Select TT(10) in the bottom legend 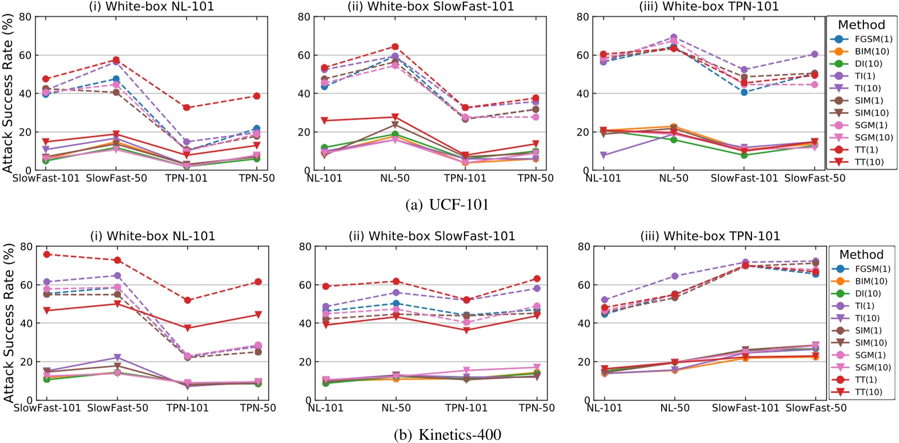pos(868,392)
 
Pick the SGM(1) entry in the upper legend pos(871,125)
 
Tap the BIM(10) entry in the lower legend pos(871,282)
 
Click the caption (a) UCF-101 pos(447,205)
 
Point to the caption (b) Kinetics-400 pos(447,435)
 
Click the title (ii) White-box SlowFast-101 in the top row pos(431,7)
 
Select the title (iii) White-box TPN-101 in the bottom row pos(710,236)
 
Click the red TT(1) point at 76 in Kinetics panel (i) pos(46,254)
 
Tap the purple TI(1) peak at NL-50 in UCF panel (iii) pos(673,38)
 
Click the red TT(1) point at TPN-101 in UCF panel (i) pos(187,108)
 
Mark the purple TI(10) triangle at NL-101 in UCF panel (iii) pos(603,155)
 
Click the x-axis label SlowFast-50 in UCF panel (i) pos(117,178)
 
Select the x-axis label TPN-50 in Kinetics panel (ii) pos(537,408)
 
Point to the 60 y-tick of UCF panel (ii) pos(304,55)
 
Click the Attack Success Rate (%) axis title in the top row pos(7,93)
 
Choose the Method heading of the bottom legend pos(861,255)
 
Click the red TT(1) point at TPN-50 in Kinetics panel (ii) pos(537,279)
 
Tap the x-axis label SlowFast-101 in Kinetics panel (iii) pos(745,408)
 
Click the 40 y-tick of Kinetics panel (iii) pos(583,323)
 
